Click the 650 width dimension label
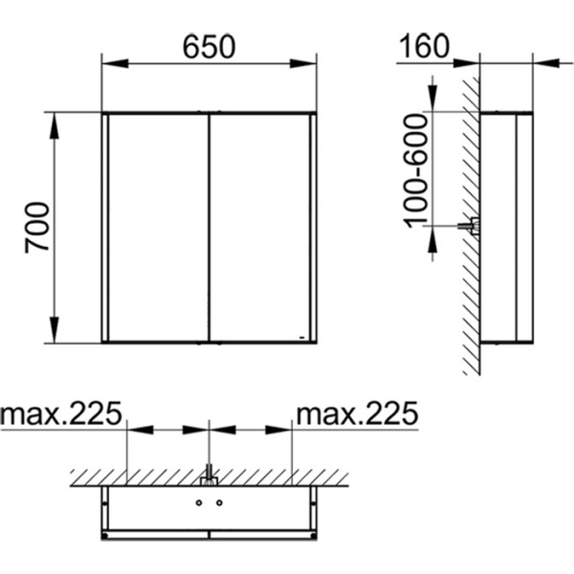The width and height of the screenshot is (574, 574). coord(209,47)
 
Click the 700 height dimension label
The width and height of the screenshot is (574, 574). coord(37,227)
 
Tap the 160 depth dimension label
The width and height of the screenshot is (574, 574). coord(424,46)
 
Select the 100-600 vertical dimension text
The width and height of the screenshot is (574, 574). coord(415,170)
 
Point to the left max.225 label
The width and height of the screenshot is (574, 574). coord(61,412)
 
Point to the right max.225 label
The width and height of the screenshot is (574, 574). coord(357,412)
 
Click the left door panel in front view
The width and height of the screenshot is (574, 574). coord(158,228)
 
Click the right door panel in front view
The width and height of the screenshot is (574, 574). coord(260,228)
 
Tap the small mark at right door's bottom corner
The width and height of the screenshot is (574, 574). coord(302,337)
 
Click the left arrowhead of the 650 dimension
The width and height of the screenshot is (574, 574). coord(115,63)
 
